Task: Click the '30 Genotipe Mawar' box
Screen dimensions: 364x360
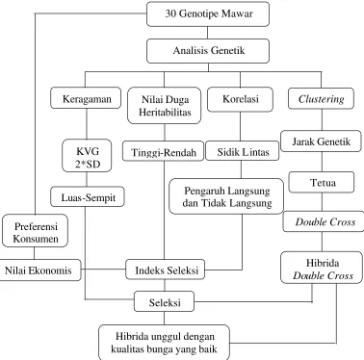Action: [208, 13]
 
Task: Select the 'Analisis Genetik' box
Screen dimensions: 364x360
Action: [208, 51]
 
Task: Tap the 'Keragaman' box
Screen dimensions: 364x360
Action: [86, 98]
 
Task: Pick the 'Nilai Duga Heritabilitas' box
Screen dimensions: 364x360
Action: [165, 106]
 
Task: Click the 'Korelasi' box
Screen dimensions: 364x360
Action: [241, 99]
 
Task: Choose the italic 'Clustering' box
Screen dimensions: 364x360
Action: [321, 98]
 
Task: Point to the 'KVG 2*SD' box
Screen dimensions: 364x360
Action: [87, 156]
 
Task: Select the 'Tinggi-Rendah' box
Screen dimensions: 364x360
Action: [163, 151]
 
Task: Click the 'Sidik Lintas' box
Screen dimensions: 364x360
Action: [243, 151]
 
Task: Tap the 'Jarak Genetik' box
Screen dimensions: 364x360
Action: [321, 141]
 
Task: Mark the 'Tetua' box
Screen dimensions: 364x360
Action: [322, 182]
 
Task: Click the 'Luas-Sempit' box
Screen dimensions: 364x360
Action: [88, 196]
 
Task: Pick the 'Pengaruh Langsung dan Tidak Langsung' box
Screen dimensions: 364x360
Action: [226, 196]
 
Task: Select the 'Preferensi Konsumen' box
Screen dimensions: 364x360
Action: [35, 231]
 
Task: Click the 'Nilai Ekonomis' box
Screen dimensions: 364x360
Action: [39, 270]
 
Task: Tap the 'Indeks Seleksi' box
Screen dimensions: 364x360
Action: [166, 270]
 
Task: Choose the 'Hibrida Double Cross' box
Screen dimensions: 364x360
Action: [322, 268]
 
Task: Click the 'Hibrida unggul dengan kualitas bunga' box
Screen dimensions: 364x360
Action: [164, 343]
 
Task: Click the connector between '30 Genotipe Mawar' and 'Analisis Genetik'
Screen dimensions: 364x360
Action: [208, 33]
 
